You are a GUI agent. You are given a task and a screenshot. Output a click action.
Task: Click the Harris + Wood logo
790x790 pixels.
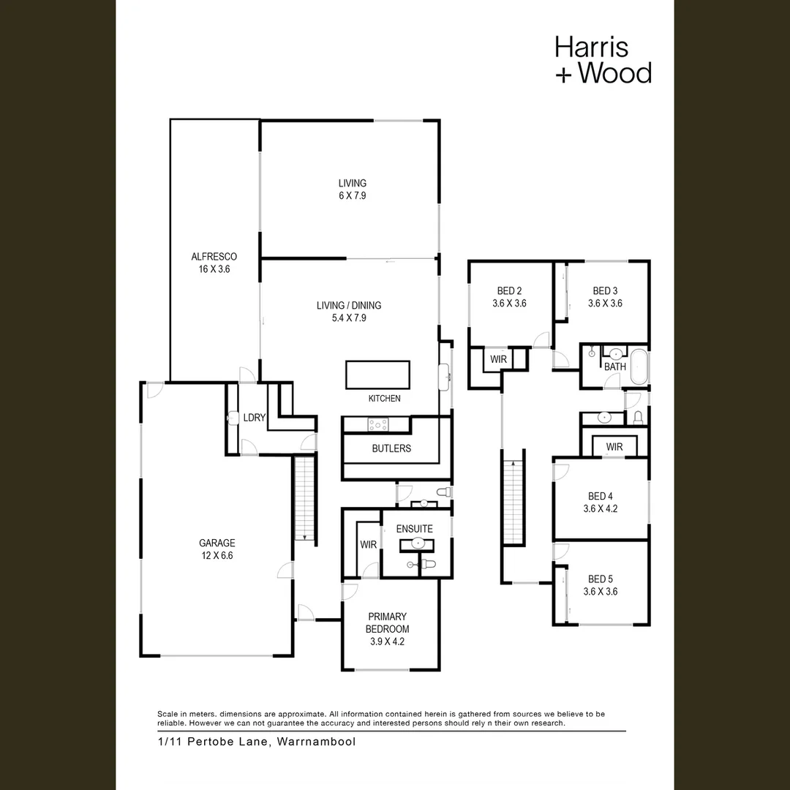click(x=603, y=59)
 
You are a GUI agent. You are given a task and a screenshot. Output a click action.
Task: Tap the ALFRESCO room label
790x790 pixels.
click(x=214, y=257)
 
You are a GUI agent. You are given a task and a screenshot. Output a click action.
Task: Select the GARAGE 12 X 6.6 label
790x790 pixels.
click(x=217, y=549)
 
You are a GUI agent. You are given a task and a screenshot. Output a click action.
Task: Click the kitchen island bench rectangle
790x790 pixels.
click(x=377, y=375)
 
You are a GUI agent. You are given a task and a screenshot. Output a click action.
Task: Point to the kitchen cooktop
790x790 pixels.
click(x=378, y=425)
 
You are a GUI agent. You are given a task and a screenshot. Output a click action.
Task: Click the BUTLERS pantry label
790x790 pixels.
click(x=391, y=448)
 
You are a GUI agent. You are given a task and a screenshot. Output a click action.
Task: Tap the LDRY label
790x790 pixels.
click(x=254, y=418)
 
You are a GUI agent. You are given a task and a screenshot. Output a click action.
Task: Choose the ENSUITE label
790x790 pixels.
click(x=414, y=529)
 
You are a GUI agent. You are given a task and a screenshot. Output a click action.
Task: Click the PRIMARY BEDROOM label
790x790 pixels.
click(x=387, y=622)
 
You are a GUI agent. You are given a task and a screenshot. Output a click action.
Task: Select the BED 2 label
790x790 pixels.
click(x=509, y=290)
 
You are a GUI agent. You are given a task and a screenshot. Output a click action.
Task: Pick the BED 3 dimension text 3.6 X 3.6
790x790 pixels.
click(x=605, y=304)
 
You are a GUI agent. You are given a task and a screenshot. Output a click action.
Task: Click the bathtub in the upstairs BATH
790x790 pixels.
click(x=639, y=366)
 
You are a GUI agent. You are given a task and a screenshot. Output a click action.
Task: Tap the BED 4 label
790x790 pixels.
click(x=601, y=496)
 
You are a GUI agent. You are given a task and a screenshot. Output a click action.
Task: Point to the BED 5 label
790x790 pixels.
click(x=601, y=579)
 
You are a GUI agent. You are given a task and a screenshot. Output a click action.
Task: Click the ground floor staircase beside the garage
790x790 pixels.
click(x=304, y=498)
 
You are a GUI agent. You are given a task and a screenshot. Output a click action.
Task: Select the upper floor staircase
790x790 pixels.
click(x=513, y=502)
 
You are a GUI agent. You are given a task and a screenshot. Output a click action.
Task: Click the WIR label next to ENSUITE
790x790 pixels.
click(x=368, y=545)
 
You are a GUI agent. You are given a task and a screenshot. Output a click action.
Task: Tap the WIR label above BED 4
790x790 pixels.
click(x=614, y=447)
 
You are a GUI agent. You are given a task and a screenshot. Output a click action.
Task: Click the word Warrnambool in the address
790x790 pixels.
click(x=317, y=742)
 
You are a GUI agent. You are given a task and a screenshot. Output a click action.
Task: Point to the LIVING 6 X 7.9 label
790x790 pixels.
click(x=352, y=189)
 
